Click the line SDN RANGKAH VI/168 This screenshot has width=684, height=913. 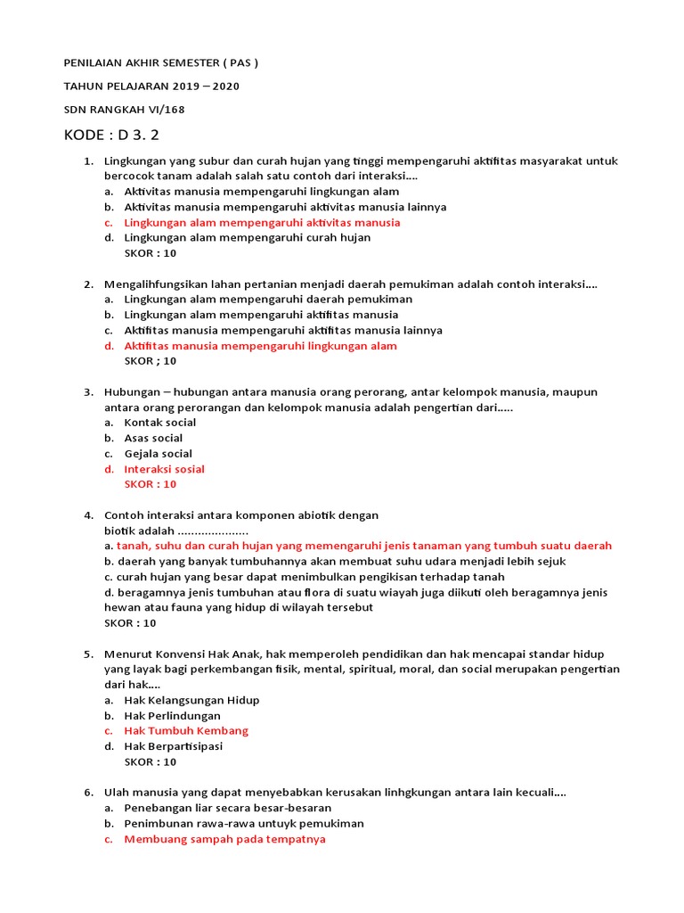click(124, 110)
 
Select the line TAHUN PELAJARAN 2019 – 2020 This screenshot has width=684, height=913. click(151, 86)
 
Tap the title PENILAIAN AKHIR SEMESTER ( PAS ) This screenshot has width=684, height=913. click(161, 63)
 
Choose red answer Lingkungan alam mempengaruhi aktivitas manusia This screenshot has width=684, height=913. click(262, 223)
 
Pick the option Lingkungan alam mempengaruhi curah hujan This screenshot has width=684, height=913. click(247, 238)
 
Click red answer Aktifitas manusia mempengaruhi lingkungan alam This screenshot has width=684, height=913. click(260, 346)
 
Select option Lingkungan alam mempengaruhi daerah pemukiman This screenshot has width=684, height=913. click(268, 300)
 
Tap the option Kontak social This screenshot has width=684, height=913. click(159, 423)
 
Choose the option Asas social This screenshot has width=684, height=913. click(153, 438)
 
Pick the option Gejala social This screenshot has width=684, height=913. click(158, 454)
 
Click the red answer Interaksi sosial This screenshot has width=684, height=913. click(164, 469)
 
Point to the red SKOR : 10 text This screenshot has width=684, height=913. click(151, 484)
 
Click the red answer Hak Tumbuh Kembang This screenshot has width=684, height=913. click(186, 731)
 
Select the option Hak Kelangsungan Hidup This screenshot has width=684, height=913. click(191, 700)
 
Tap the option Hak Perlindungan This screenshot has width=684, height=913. click(172, 716)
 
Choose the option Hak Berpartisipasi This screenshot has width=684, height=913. click(173, 746)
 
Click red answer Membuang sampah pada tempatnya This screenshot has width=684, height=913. click(224, 839)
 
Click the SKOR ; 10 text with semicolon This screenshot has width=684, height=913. click(151, 361)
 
